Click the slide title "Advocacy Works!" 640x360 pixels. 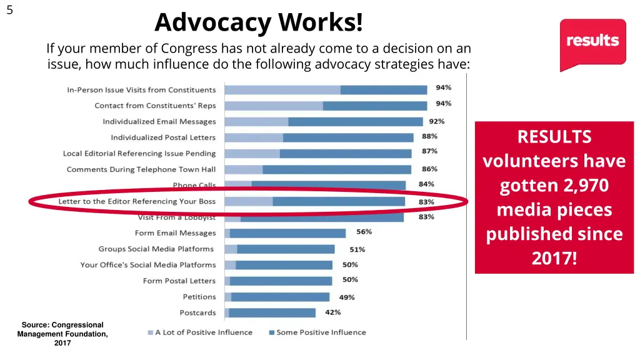point(258,23)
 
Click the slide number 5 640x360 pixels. point(9,9)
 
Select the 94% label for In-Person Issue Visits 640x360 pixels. point(443,87)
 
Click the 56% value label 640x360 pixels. point(364,232)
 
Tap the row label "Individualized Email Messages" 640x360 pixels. point(159,122)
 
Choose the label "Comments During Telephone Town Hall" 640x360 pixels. point(141,169)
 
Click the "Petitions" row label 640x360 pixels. point(199,297)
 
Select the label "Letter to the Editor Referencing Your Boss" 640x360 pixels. point(137,201)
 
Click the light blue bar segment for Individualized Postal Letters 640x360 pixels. point(254,137)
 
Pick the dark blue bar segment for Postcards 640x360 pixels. point(272,312)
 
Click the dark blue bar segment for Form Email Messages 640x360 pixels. point(287,233)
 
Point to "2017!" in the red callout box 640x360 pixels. point(554,258)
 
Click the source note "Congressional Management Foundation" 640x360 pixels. point(62,329)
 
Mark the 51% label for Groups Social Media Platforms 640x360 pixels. point(357,249)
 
